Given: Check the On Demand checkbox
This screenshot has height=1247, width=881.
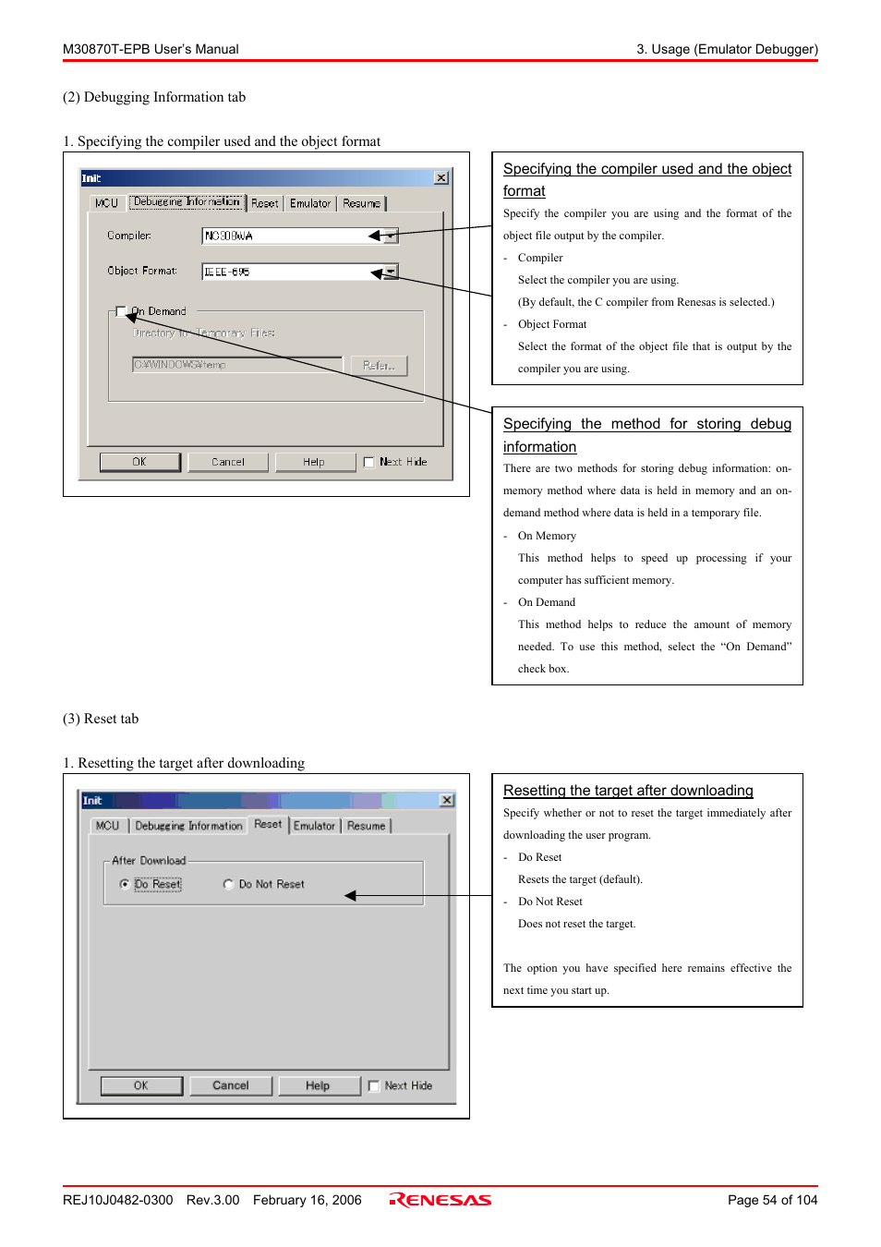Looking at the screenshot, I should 121,311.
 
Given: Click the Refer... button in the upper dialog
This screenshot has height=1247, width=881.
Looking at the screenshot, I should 379,366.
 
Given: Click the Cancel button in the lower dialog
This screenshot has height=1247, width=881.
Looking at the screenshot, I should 231,1085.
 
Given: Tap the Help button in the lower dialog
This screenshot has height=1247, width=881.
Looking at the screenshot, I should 318,1085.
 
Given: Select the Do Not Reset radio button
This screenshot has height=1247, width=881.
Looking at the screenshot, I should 228,884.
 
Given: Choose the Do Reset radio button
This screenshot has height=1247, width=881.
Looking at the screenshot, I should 125,884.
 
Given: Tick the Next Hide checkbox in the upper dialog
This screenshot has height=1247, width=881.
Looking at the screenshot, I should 369,462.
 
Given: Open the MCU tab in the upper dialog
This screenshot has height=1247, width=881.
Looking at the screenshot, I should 106,203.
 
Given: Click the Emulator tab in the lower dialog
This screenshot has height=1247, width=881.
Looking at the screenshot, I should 314,826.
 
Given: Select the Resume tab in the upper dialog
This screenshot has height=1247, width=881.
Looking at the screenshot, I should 361,203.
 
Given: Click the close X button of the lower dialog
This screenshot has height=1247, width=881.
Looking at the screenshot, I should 447,800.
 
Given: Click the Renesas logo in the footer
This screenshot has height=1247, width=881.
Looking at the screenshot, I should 440,1200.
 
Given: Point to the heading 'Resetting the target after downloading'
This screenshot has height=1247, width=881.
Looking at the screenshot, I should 628,791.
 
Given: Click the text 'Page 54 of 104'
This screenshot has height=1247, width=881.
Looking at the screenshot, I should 772,1200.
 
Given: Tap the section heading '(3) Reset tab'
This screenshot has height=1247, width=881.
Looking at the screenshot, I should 101,719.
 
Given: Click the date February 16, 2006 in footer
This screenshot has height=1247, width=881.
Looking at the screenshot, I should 307,1200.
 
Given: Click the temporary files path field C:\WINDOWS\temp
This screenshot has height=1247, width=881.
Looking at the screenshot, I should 237,365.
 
